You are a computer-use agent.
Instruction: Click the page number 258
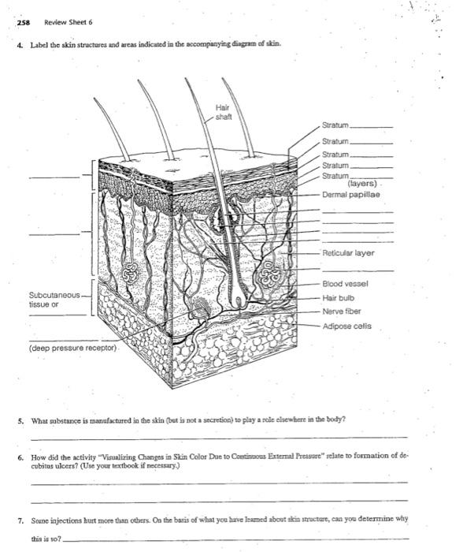coord(24,22)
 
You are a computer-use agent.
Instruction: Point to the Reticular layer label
coord(347,253)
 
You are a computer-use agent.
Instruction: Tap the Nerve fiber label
coord(342,311)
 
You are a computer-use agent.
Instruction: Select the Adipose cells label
coord(346,325)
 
